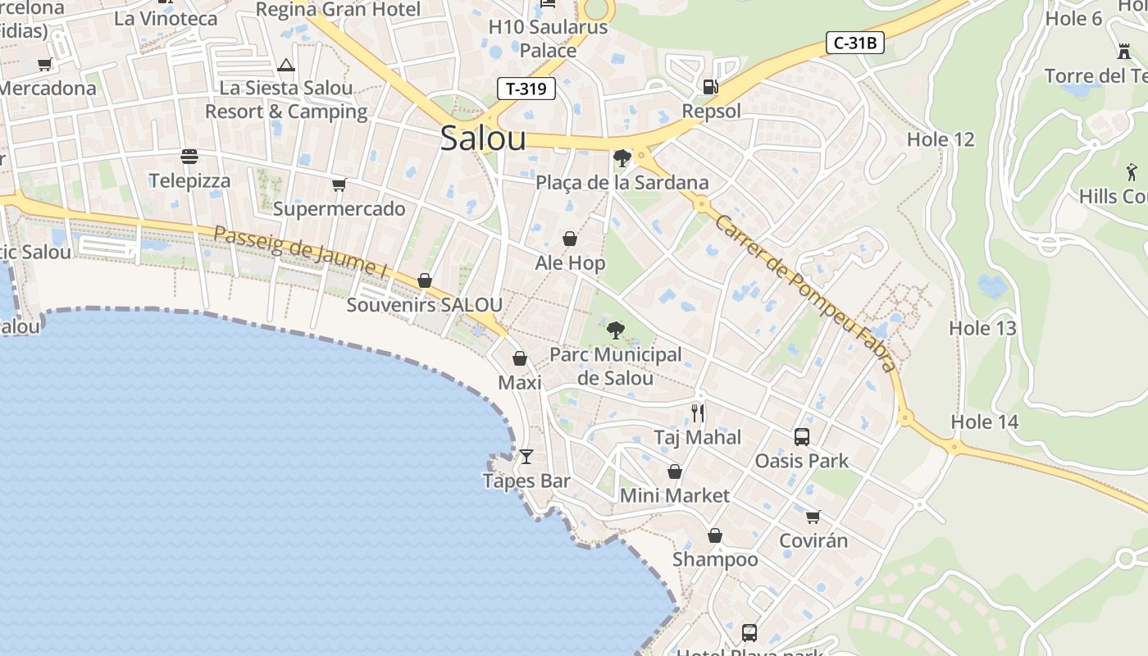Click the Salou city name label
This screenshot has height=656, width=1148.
(x=483, y=138)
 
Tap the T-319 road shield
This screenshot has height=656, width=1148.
(x=526, y=89)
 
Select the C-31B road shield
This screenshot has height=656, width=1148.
(x=854, y=43)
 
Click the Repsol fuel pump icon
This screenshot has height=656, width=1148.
(x=711, y=86)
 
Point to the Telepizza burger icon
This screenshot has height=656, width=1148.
(x=189, y=156)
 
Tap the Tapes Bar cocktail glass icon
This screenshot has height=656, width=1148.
(x=526, y=456)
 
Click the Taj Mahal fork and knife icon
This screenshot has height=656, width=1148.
(x=698, y=412)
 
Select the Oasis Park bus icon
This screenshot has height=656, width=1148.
(x=802, y=437)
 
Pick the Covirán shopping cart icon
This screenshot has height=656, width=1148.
(x=813, y=517)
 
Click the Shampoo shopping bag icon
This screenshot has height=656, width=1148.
(x=715, y=535)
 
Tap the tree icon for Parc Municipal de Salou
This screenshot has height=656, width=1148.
(x=615, y=330)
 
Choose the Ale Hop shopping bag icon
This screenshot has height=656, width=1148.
(x=570, y=239)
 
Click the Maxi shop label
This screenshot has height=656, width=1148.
(x=520, y=383)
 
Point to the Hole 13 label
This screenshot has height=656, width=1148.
(x=982, y=329)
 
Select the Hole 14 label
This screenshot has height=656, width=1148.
(x=984, y=422)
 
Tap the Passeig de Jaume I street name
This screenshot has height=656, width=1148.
(x=300, y=253)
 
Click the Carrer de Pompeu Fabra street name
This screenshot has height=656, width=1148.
(x=804, y=293)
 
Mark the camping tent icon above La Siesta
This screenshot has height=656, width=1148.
(x=286, y=65)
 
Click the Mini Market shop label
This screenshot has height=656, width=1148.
(x=674, y=495)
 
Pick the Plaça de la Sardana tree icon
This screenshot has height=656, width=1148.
(x=622, y=157)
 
